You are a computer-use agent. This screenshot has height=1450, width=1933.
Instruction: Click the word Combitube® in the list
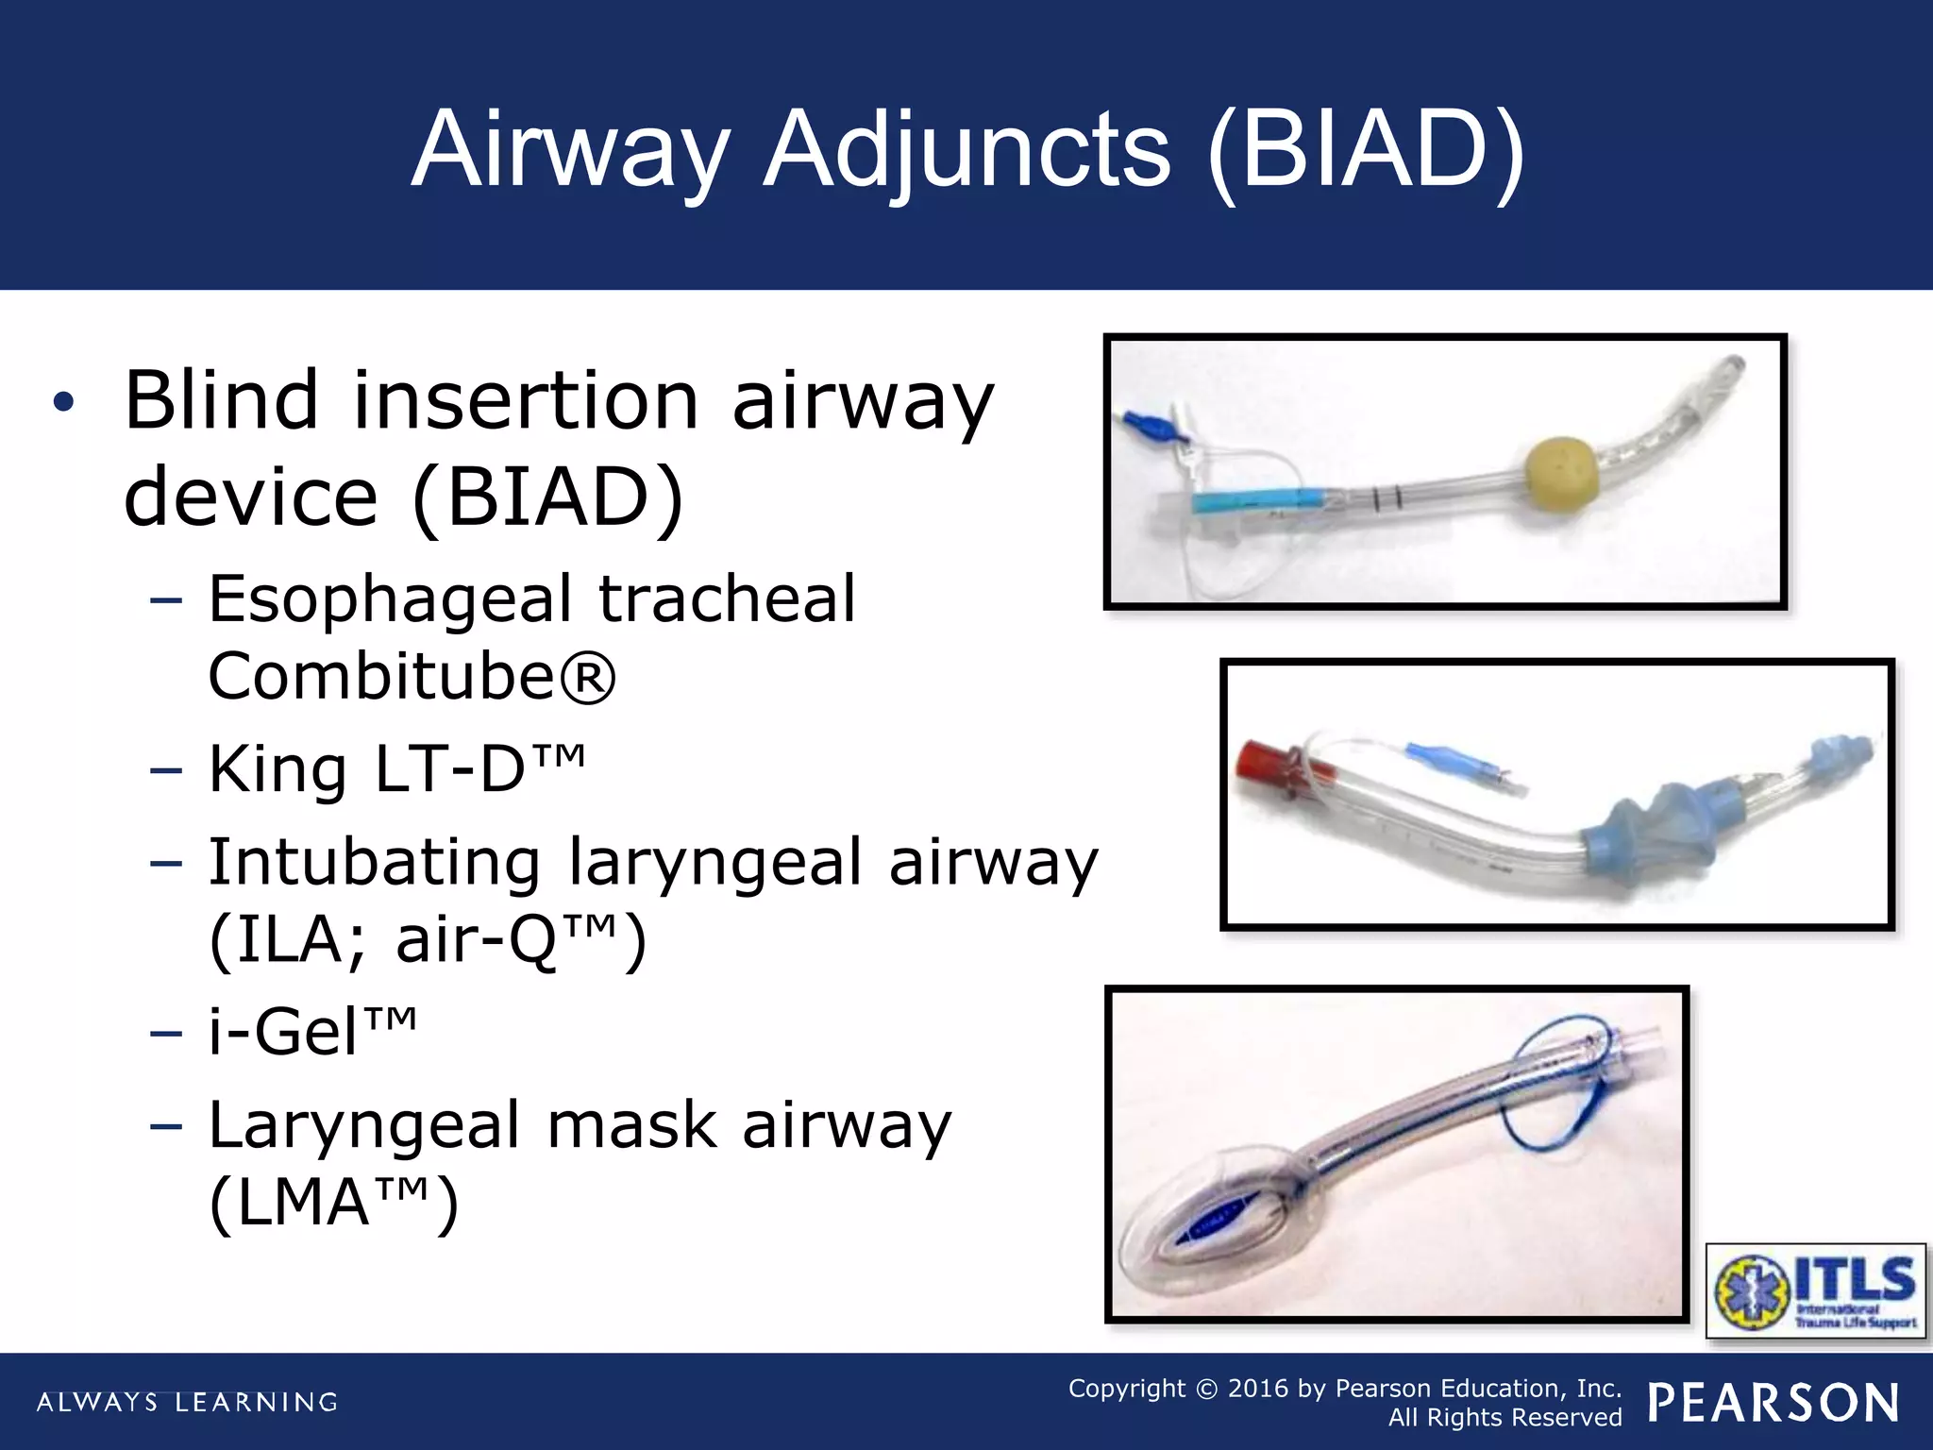click(412, 676)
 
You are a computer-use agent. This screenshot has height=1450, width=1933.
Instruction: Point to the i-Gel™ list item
click(311, 1031)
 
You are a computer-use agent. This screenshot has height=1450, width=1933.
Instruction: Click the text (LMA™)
click(334, 1203)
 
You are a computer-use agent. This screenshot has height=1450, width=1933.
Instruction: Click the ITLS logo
click(1815, 1290)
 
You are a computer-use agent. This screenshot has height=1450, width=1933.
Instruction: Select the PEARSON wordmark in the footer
click(1773, 1403)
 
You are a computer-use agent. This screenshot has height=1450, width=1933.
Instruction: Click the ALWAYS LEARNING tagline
click(187, 1402)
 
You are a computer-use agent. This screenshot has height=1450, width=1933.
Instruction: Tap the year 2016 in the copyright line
click(1257, 1389)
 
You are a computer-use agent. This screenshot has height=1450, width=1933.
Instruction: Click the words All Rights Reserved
click(1504, 1418)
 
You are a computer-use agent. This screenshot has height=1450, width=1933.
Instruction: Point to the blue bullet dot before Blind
click(63, 403)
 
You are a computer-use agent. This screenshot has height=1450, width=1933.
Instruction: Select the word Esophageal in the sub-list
click(390, 599)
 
